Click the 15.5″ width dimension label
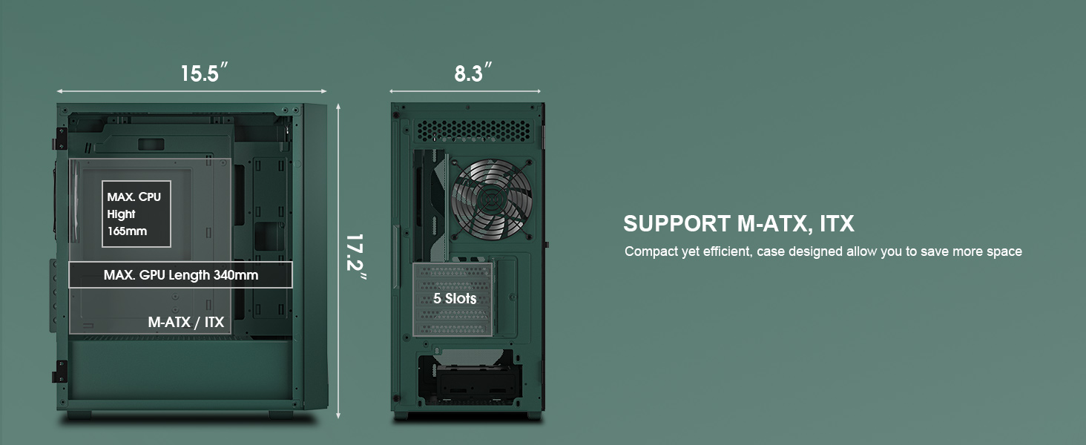click(203, 73)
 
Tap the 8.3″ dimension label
click(473, 73)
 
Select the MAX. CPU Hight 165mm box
click(136, 214)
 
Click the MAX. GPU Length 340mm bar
click(180, 275)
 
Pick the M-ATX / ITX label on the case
click(185, 323)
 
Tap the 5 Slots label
click(455, 299)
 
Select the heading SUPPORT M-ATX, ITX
click(738, 224)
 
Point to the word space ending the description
click(1004, 251)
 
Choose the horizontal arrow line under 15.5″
click(192, 91)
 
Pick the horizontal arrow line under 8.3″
click(466, 91)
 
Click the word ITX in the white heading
click(837, 224)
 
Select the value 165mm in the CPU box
click(127, 231)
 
